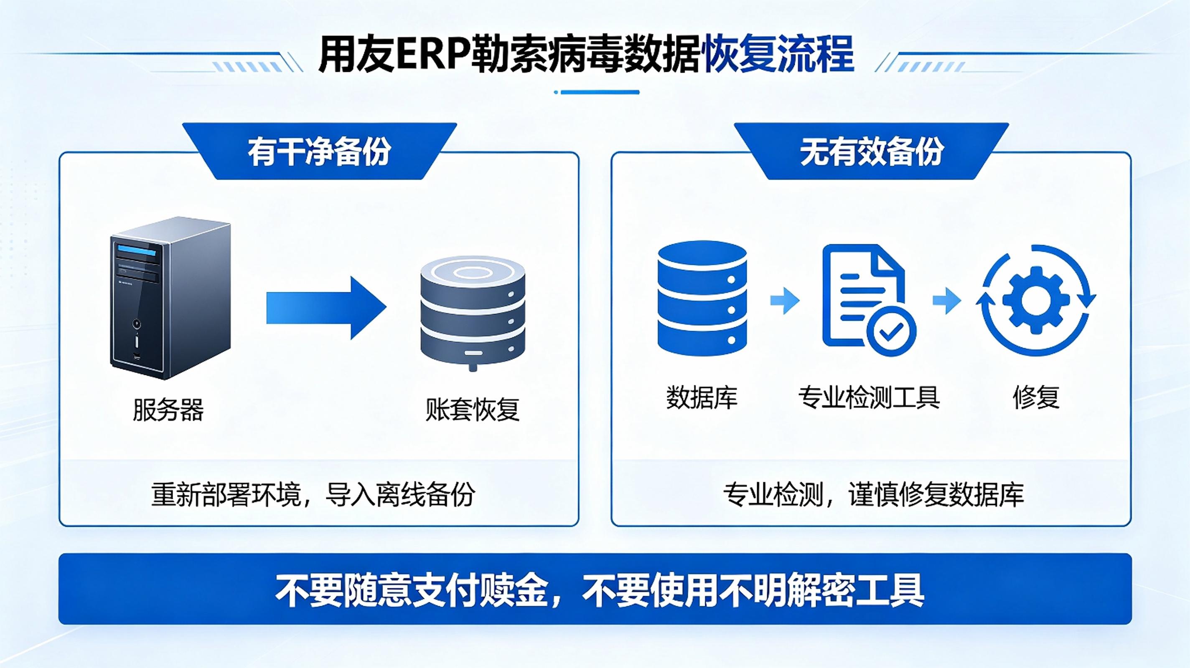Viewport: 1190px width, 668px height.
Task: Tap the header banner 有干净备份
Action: click(320, 152)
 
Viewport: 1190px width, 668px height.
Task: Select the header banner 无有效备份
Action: click(871, 152)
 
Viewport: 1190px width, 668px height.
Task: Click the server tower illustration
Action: click(170, 298)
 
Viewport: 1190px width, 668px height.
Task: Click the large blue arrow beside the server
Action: click(326, 308)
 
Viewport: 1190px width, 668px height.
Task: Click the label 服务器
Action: click(168, 410)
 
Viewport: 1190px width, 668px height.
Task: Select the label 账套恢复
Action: click(473, 410)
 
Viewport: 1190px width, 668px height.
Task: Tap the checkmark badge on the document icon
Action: click(891, 330)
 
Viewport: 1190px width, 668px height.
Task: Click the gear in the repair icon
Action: click(1035, 301)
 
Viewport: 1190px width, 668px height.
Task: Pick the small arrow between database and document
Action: click(785, 301)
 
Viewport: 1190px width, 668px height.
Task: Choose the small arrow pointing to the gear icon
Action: click(947, 301)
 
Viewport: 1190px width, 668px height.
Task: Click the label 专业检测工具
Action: click(869, 397)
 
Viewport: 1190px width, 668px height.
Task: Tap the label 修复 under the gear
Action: click(1036, 397)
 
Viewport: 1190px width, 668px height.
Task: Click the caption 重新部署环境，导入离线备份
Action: click(313, 495)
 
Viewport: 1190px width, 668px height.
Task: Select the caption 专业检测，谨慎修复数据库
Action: click(873, 495)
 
